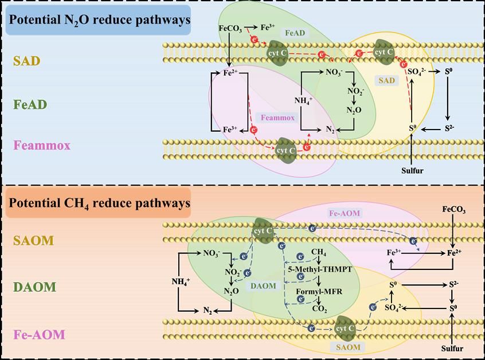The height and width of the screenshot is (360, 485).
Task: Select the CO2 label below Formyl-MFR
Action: (319, 309)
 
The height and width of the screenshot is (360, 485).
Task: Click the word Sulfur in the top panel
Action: (412, 170)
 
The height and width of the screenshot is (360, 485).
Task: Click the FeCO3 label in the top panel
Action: (230, 28)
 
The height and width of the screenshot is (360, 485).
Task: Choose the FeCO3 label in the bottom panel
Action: (453, 211)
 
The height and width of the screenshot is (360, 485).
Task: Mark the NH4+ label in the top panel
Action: (303, 101)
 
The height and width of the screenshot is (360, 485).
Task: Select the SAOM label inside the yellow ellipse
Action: (348, 347)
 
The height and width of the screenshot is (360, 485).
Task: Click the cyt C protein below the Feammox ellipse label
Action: (286, 148)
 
